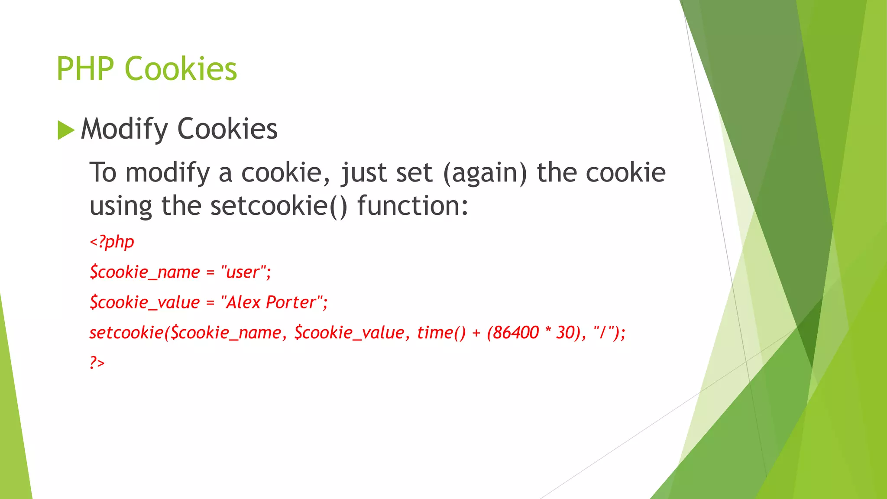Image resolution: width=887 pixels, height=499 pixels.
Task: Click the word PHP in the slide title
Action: coord(85,69)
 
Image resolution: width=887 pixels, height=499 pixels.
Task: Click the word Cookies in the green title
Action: coord(181,69)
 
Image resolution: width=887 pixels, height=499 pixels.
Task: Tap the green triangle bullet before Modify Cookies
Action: coord(66,130)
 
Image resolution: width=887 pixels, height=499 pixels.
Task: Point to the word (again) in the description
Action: coord(485,173)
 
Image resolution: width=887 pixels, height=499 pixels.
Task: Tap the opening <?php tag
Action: coord(112,242)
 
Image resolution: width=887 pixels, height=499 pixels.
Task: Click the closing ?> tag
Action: coord(97,362)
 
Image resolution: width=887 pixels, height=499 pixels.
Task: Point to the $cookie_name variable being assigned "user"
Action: coord(145,272)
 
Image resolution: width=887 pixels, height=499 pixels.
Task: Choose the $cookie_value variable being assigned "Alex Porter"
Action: coord(145,302)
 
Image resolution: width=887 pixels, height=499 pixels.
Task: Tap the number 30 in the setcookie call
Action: coord(565,333)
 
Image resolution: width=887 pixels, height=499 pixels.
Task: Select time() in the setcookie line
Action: coord(441,333)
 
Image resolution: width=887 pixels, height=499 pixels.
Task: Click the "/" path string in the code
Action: coord(604,333)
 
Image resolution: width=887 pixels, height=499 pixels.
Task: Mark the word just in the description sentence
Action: coord(363,173)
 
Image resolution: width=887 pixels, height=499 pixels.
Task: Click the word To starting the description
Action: coord(103,173)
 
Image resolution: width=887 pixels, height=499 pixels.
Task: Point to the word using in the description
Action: coord(121,206)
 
